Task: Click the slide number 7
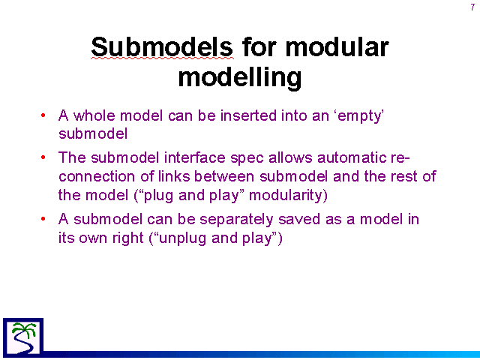pos(472,7)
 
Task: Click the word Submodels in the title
pos(162,46)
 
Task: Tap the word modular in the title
pos(337,46)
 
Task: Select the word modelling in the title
pos(240,77)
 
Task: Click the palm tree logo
pos(23,337)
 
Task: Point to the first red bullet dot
pos(43,115)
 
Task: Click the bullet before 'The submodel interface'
pos(43,157)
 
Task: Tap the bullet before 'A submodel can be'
pos(43,219)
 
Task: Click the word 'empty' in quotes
pos(360,116)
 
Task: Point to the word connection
pos(97,177)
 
